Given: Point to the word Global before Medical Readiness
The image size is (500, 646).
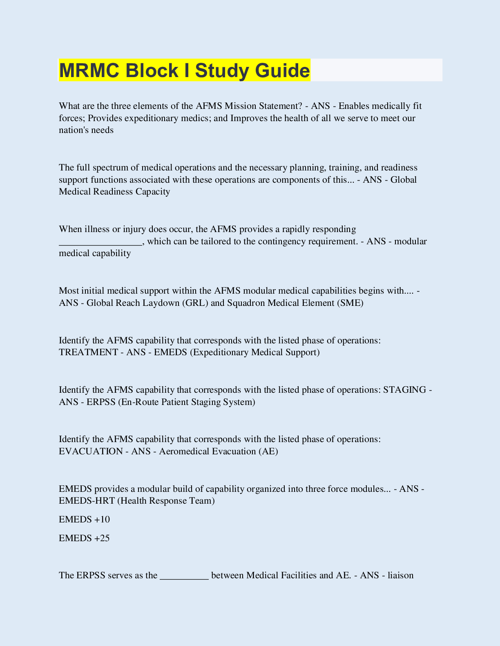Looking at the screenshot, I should point(404,180).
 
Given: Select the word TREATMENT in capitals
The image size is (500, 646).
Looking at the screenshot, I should point(89,352).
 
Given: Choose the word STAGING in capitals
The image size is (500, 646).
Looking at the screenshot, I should point(404,390).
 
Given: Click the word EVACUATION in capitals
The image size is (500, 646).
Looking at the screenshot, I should point(91,451).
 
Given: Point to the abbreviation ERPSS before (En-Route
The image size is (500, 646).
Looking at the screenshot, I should point(101,402).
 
